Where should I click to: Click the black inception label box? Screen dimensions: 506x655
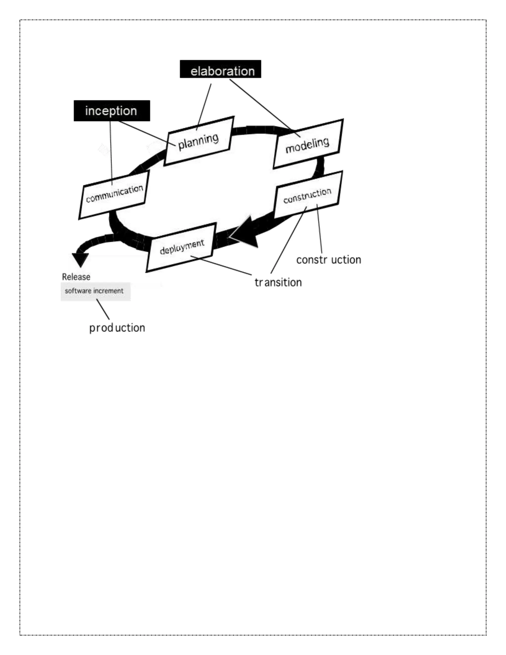pyautogui.click(x=111, y=111)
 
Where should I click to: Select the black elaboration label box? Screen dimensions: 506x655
pyautogui.click(x=220, y=69)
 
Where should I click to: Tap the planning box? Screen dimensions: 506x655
pyautogui.click(x=199, y=141)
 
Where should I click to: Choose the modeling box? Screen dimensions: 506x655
pyautogui.click(x=308, y=144)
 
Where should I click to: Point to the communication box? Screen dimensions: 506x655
pyautogui.click(x=114, y=195)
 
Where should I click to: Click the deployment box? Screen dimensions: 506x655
pyautogui.click(x=181, y=247)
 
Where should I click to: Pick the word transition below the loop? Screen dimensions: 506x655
pyautogui.click(x=278, y=283)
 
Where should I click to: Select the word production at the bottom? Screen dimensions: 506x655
pyautogui.click(x=117, y=328)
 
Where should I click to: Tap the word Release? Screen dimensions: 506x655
pyautogui.click(x=76, y=277)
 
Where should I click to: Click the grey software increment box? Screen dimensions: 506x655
pyautogui.click(x=95, y=291)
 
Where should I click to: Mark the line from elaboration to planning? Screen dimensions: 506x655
pyautogui.click(x=204, y=107)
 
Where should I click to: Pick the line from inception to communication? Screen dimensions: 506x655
pyautogui.click(x=111, y=153)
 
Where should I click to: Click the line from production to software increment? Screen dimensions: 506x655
pyautogui.click(x=103, y=310)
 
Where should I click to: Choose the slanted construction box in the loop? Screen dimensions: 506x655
pyautogui.click(x=308, y=195)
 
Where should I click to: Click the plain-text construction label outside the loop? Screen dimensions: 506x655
pyautogui.click(x=329, y=260)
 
